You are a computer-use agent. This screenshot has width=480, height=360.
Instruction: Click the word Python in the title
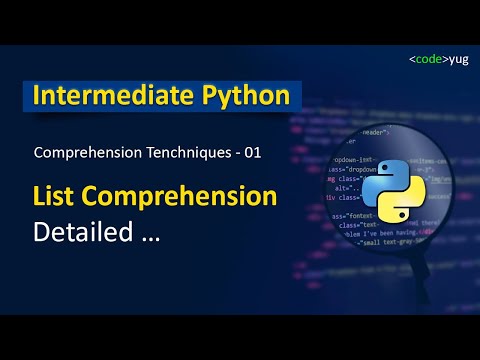click(244, 97)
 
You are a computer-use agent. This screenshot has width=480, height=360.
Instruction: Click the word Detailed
click(84, 232)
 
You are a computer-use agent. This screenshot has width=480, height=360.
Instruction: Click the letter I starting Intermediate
click(38, 97)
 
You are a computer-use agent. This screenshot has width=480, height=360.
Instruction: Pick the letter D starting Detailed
click(42, 232)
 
